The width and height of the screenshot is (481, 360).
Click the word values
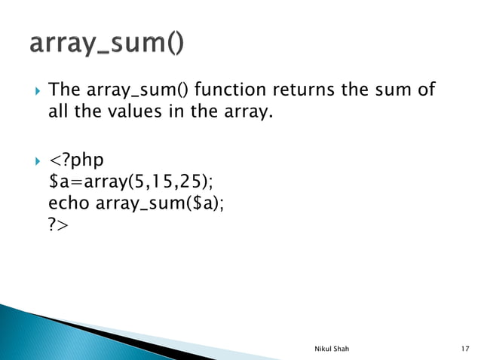pos(130,116)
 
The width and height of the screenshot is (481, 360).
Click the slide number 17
pos(464,349)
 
